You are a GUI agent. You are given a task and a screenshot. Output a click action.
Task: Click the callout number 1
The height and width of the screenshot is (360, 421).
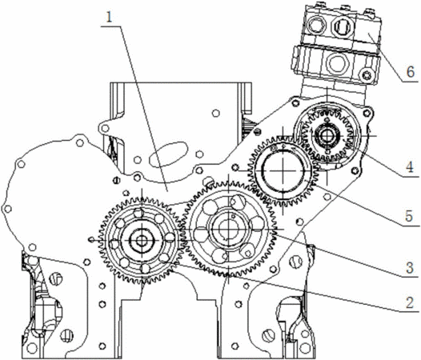click(x=109, y=18)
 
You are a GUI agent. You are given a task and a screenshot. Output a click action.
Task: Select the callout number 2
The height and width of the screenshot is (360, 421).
click(x=410, y=302)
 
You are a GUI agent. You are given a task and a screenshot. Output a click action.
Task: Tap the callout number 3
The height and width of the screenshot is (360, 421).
click(x=410, y=268)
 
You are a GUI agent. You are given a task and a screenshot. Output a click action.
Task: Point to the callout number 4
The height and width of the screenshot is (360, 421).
click(x=410, y=167)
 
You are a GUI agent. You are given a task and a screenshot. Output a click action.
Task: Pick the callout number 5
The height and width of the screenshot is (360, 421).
click(x=409, y=216)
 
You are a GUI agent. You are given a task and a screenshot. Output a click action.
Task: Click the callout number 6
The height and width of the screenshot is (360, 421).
click(x=411, y=72)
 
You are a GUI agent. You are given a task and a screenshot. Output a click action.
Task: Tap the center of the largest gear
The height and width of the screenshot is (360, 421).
click(x=228, y=229)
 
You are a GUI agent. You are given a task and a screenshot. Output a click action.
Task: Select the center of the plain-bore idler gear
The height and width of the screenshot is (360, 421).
click(x=283, y=170)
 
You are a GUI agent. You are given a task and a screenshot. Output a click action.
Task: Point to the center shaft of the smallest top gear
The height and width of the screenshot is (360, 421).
click(x=327, y=136)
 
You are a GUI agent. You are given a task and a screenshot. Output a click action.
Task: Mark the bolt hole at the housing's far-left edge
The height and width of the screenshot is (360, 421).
click(x=7, y=209)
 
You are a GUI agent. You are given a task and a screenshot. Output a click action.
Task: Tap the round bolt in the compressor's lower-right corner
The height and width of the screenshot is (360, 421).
click(x=367, y=74)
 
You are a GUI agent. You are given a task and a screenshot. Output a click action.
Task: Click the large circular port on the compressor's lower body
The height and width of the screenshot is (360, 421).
click(x=336, y=63)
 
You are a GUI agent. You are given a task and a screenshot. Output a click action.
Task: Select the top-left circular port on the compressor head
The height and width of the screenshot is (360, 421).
click(x=317, y=26)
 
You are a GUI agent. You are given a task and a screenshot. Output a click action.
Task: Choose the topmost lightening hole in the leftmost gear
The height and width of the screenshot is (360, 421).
click(x=138, y=213)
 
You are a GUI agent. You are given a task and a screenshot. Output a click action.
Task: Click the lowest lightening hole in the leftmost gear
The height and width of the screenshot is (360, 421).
click(x=145, y=268)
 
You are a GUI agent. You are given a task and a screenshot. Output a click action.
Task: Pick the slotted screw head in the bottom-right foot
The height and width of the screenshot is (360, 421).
click(x=267, y=335)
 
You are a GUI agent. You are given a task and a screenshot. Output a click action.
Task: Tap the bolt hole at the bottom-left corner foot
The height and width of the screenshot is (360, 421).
click(x=32, y=348)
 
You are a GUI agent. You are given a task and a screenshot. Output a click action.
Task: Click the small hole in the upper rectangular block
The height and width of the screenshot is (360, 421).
click(x=215, y=113)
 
